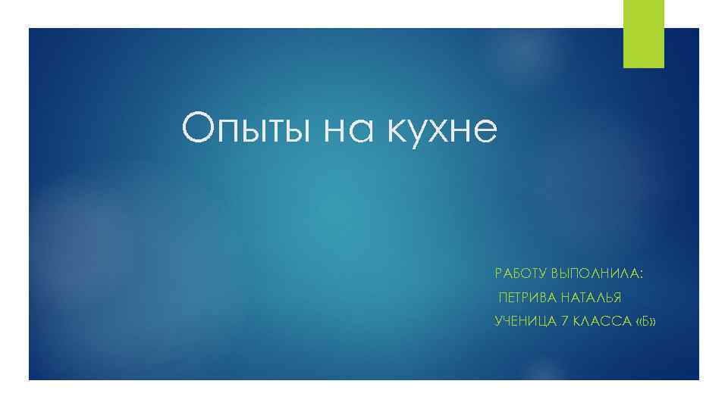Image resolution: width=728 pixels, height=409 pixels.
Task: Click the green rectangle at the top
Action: click(643, 33)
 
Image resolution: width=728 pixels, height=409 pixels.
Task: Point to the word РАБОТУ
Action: click(520, 272)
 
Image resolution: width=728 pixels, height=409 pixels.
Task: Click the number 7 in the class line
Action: click(563, 322)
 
